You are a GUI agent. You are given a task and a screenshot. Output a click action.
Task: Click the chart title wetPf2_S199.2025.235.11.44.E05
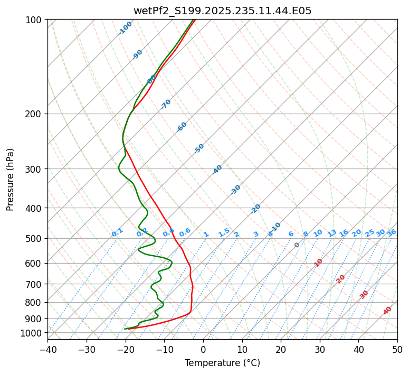222,11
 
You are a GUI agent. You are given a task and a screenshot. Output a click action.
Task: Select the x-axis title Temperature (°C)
222,363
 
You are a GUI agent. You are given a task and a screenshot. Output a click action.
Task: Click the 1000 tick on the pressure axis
32,333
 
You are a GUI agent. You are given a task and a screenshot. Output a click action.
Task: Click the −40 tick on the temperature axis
47,349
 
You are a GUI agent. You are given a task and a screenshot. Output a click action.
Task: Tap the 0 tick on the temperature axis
203,349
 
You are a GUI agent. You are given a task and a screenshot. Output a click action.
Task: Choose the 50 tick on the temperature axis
397,349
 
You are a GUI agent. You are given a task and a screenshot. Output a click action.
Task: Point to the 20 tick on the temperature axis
281,349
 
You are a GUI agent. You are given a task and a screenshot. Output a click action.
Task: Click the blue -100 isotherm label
126,27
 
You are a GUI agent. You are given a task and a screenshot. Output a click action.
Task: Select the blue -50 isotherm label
199,148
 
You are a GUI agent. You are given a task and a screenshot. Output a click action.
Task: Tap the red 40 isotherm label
387,311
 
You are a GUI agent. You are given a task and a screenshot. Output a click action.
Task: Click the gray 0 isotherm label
297,245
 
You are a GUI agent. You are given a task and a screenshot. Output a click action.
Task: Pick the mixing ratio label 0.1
117,232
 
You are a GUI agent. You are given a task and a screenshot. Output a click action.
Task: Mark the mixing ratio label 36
392,232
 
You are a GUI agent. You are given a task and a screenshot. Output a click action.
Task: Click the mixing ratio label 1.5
224,232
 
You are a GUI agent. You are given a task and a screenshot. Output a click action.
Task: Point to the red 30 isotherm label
364,295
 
